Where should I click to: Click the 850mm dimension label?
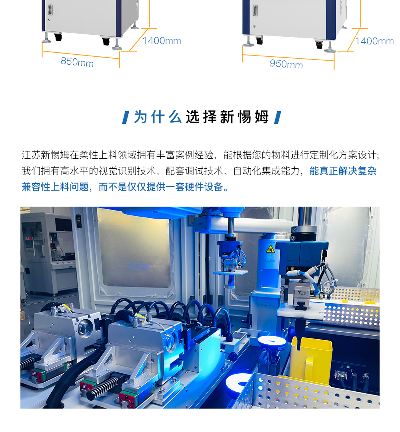77,62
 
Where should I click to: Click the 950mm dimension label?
286,64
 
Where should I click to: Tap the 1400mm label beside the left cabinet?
162,41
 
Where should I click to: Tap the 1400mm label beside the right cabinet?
374,41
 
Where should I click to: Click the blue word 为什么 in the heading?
158,117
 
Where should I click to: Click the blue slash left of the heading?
126,117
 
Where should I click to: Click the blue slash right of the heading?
278,117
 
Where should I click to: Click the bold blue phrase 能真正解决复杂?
343,171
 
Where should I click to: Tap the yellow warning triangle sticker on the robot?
270,249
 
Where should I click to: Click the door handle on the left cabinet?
50,10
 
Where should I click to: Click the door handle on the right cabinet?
255,10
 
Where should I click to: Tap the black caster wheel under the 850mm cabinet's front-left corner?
58,37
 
